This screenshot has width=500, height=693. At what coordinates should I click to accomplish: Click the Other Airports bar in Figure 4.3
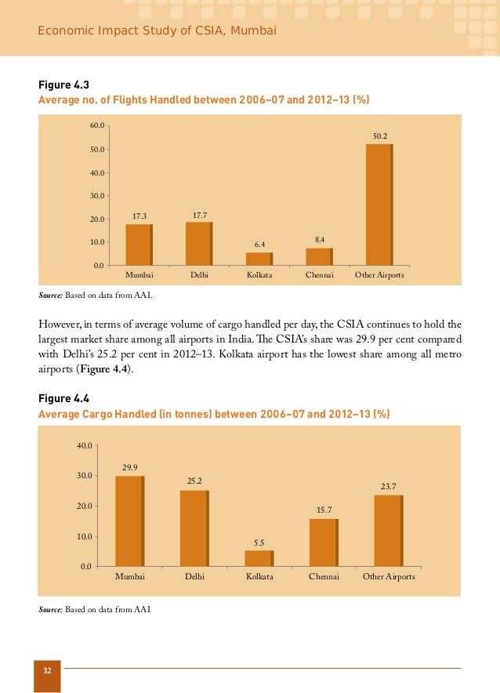point(380,205)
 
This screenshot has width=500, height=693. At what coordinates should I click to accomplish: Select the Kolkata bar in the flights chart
point(259,259)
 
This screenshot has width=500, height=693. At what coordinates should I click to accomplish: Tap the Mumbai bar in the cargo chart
point(130,521)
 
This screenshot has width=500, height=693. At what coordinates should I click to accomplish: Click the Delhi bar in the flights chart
point(199,245)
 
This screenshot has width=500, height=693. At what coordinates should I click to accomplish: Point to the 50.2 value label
point(379,136)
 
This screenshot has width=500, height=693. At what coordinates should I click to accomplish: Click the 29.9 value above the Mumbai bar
point(130,468)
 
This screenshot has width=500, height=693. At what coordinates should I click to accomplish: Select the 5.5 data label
point(259,542)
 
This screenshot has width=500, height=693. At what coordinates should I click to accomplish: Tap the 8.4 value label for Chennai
point(320,238)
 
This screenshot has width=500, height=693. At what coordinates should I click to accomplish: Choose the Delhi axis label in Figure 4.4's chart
point(195,577)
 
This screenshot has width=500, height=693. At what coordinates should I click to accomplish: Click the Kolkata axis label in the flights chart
point(259,277)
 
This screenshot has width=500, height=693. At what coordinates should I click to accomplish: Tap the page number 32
point(47,671)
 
